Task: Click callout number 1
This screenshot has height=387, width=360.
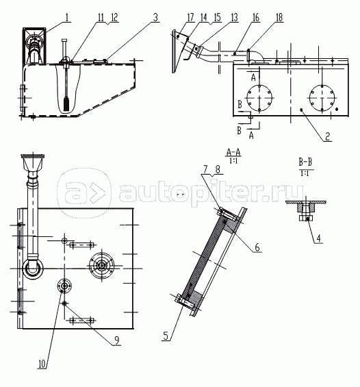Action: [x=66, y=17]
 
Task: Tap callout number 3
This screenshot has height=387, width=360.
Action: [x=155, y=18]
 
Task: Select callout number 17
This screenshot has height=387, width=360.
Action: [x=190, y=18]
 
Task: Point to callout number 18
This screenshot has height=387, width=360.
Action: [x=279, y=18]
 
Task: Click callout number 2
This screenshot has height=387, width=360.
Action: [x=327, y=136]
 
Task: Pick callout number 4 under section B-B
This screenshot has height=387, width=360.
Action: [x=318, y=238]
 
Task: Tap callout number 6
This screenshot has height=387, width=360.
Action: [x=257, y=247]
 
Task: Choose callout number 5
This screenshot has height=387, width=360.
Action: [x=166, y=336]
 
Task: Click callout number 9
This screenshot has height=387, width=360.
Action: [x=117, y=340]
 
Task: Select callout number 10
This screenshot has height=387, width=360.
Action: [x=42, y=364]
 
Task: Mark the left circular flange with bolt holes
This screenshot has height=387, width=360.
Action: [x=259, y=98]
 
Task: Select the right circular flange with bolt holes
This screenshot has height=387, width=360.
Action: [x=322, y=98]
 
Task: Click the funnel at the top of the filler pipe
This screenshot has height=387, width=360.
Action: [x=33, y=163]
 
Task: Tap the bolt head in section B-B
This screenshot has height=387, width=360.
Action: [x=306, y=219]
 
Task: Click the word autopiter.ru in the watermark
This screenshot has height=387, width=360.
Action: [x=211, y=192]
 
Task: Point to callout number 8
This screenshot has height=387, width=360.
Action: [x=218, y=170]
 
